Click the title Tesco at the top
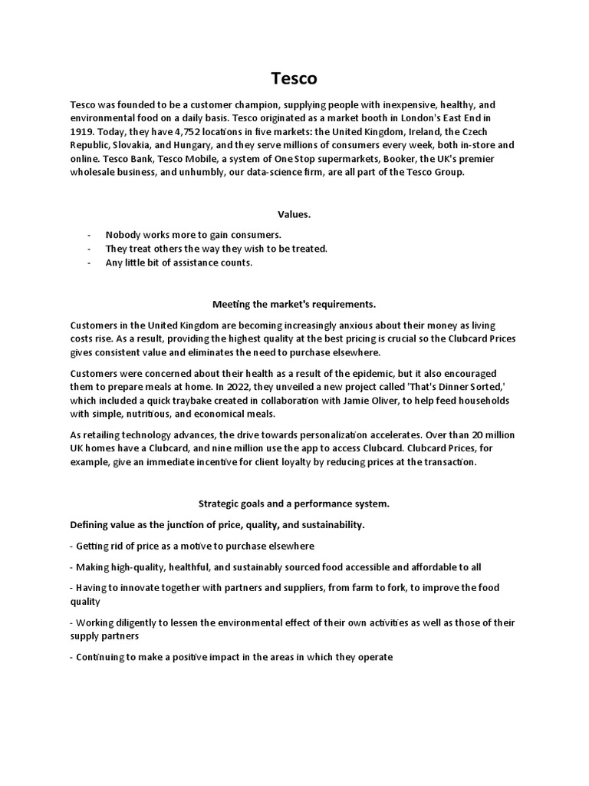click(x=294, y=79)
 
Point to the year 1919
click(x=82, y=131)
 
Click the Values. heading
click(x=294, y=215)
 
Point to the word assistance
click(x=195, y=263)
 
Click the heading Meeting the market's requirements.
click(x=294, y=305)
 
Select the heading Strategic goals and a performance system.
click(x=294, y=504)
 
